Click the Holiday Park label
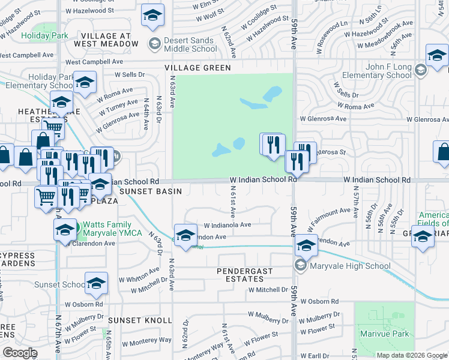pyautogui.click(x=44, y=35)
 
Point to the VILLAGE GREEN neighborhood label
pyautogui.click(x=199, y=68)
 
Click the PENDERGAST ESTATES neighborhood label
pyautogui.click(x=244, y=275)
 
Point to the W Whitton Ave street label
pyautogui.click(x=139, y=279)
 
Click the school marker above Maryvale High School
pyautogui.click(x=306, y=245)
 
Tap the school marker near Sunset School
pyautogui.click(x=96, y=284)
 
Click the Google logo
pyautogui.click(x=20, y=353)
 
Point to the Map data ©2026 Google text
pyautogui.click(x=411, y=355)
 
